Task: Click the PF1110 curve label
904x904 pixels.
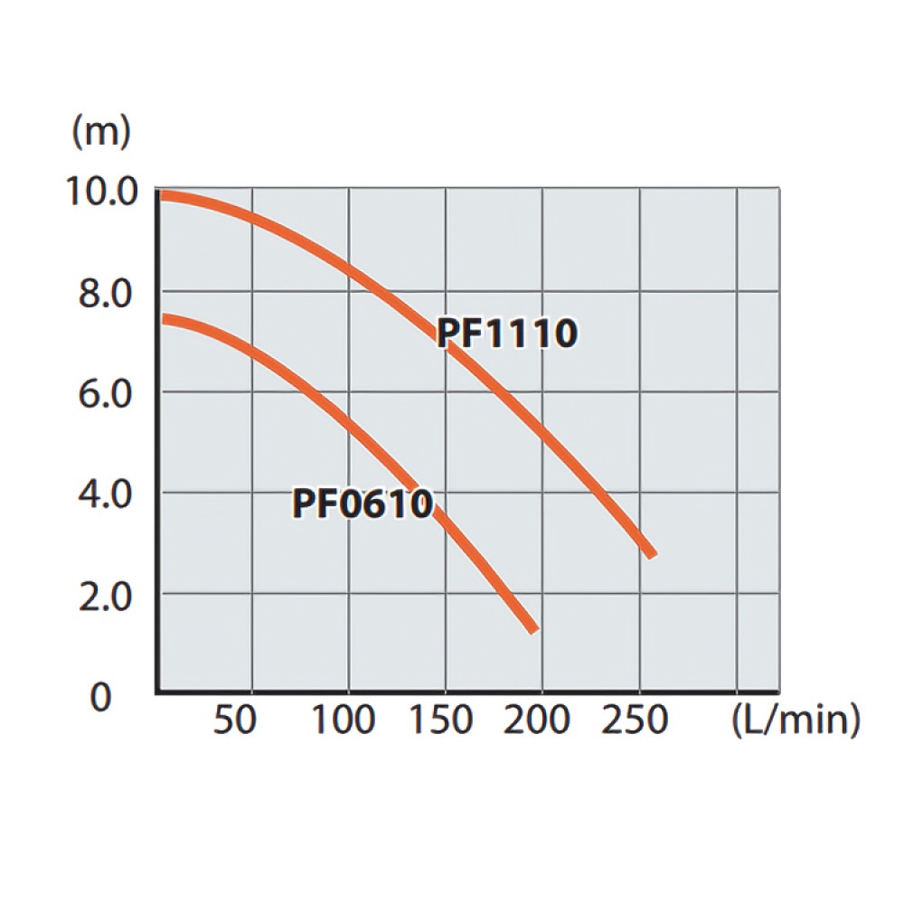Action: pos(506,334)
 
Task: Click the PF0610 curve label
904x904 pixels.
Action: pos(363,504)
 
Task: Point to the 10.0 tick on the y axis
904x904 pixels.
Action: pos(100,192)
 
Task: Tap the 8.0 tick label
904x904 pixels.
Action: pos(103,294)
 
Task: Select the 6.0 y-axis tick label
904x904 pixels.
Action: pos(103,395)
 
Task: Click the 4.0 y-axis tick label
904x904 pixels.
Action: pos(103,495)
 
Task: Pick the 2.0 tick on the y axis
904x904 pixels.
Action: pos(103,597)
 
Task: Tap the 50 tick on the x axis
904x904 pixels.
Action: pos(235,720)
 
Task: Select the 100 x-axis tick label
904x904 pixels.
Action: pos(343,720)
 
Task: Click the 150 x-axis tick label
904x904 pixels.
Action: pos(439,720)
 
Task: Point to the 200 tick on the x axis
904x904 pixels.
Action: pos(537,720)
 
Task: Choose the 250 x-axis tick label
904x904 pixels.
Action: pos(634,720)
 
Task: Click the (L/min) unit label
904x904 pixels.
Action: pos(795,720)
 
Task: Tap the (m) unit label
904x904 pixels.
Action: pos(101,131)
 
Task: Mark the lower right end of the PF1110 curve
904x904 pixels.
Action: pos(651,553)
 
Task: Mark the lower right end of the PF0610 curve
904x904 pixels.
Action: pos(533,628)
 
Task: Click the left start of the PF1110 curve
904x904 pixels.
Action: pos(161,194)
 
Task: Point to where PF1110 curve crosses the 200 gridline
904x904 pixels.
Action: pos(542,425)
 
